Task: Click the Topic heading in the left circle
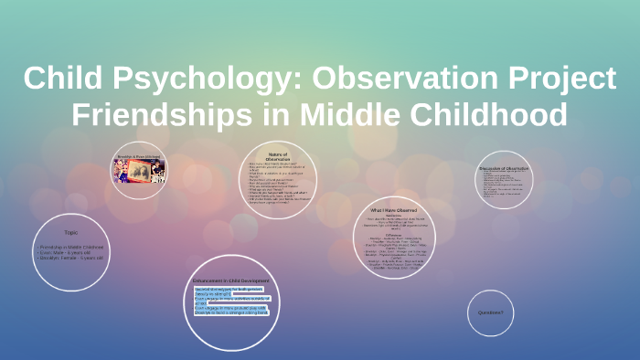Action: point(71,232)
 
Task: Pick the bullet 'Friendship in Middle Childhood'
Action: point(71,247)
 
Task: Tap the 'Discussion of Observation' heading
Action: point(504,168)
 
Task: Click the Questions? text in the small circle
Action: point(491,312)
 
